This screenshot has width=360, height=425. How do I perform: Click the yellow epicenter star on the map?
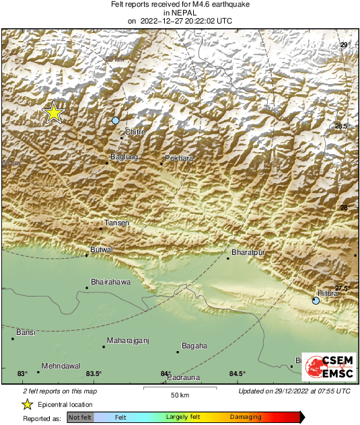point(52,112)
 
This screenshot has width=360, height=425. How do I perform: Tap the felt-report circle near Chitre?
point(116,120)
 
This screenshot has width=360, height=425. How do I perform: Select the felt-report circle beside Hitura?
point(316,301)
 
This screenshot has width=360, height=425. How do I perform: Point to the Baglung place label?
point(124,157)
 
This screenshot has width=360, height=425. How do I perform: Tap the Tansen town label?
point(117,223)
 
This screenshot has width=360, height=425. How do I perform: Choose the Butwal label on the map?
point(102,249)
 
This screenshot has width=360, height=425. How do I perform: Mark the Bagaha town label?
point(194,346)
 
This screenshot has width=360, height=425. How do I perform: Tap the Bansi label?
point(26,332)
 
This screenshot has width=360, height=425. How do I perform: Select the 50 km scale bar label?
point(179,395)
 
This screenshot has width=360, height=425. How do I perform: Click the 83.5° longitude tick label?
point(94,374)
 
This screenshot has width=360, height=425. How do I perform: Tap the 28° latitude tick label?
point(344,208)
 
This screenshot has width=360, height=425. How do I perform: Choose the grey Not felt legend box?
point(79,418)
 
